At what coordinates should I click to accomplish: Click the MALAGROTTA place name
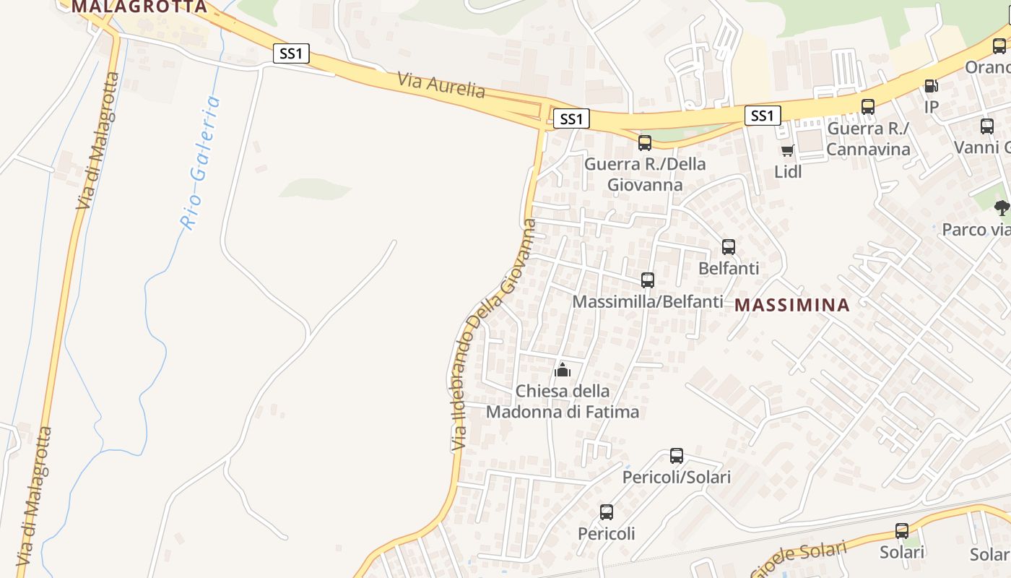coord(139,7)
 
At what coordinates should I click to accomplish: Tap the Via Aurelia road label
coord(441,85)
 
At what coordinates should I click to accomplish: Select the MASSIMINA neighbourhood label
coord(792,305)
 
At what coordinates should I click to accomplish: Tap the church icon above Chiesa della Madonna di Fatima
coord(562,371)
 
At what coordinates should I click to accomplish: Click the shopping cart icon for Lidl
coord(787,151)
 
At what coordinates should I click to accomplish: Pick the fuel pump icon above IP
coord(932,86)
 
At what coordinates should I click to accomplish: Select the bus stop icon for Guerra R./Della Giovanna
coord(645,143)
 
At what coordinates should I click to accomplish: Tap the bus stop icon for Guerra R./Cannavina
coord(868,107)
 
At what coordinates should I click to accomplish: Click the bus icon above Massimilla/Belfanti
coord(648,280)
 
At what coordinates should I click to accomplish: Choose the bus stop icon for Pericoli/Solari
coord(677,456)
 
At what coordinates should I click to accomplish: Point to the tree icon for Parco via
coord(1001,209)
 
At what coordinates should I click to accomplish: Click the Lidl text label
coord(788,172)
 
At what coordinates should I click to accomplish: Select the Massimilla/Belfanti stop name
coord(647,301)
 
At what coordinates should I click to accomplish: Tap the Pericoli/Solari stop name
coord(677,478)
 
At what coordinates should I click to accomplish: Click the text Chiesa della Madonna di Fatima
coord(563,402)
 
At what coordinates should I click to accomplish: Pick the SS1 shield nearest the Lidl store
coord(763,116)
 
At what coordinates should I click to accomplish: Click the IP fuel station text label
coord(932,107)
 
